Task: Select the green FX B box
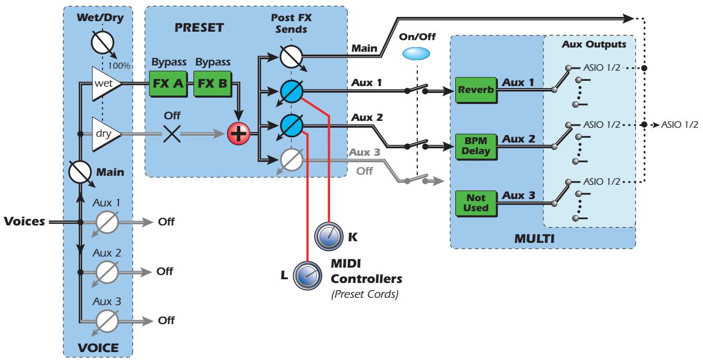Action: [213, 85]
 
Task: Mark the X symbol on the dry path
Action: [172, 135]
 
